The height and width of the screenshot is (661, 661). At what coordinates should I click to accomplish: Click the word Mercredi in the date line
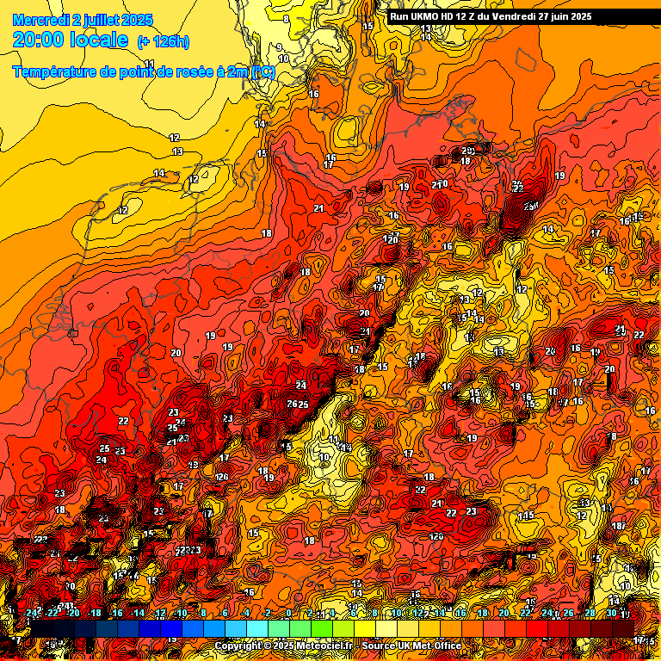coord(40,20)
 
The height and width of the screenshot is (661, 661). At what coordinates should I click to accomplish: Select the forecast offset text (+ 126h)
coord(163,41)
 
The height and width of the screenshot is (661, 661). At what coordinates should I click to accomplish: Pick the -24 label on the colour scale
coord(32,613)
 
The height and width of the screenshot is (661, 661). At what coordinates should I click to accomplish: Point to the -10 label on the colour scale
coord(181,613)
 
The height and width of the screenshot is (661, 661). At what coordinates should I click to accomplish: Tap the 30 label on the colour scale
coord(611,613)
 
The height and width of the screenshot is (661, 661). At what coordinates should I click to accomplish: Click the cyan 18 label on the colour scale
coord(482,613)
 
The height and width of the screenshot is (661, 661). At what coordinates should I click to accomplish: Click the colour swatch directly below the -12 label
coord(160,628)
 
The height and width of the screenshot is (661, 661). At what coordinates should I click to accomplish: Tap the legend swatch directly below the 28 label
coord(590,628)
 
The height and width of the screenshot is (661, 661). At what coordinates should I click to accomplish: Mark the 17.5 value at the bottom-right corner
coord(644,641)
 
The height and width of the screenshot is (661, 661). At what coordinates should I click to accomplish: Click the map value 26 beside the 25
coord(292,404)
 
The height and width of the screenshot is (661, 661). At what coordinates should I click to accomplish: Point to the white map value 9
coord(279,47)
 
